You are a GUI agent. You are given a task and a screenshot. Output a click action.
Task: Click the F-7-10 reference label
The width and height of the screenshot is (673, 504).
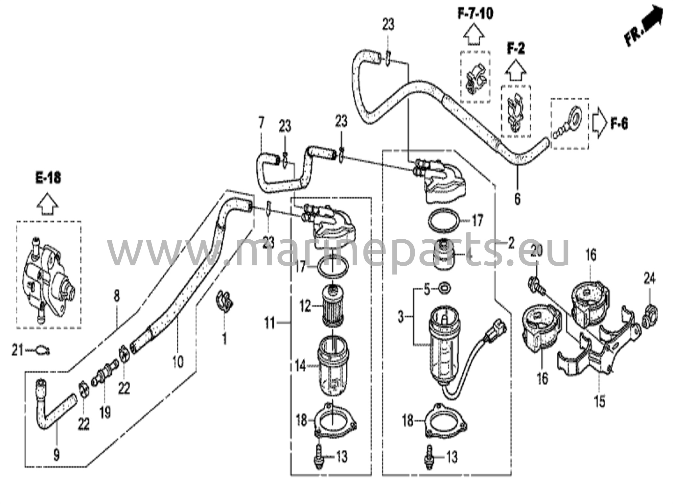pyautogui.click(x=476, y=14)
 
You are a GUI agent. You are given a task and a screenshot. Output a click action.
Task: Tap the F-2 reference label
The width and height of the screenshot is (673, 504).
pyautogui.click(x=516, y=49)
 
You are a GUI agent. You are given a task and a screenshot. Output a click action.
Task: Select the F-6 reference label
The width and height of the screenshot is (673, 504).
pyautogui.click(x=619, y=124)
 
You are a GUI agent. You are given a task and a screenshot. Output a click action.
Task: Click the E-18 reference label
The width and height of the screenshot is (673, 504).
pyautogui.click(x=49, y=178)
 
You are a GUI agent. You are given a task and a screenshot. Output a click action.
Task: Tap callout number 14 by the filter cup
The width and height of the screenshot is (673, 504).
pyautogui.click(x=300, y=366)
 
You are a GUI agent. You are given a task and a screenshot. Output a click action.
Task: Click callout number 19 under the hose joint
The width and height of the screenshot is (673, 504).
pyautogui.click(x=105, y=413)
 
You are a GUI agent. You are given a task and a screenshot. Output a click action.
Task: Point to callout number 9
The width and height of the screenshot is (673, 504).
pyautogui.click(x=56, y=455)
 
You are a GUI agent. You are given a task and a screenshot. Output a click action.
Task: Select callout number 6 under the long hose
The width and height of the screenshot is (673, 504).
pyautogui.click(x=517, y=198)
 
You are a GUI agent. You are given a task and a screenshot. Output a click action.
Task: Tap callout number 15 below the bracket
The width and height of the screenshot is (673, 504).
pyautogui.click(x=600, y=401)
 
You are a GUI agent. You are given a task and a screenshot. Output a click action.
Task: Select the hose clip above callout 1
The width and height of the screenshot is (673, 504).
pyautogui.click(x=224, y=300)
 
